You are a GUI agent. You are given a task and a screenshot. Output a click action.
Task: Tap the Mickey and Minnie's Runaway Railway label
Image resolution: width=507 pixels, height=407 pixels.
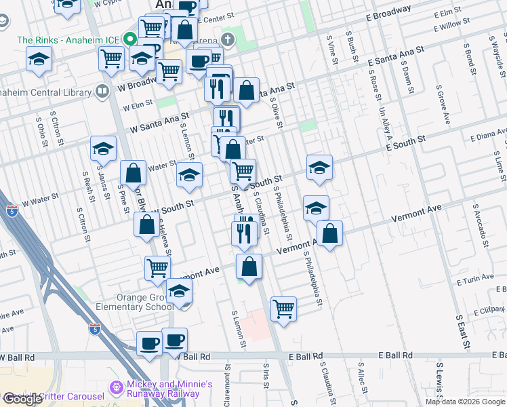(x=162, y=389)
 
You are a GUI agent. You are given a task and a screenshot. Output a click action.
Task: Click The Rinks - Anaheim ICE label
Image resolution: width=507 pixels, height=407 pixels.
(x=66, y=40)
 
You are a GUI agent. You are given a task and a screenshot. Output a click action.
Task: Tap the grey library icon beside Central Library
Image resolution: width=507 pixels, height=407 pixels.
(x=102, y=90)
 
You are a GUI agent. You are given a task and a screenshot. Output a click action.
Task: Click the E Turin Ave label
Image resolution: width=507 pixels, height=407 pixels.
(x=475, y=279)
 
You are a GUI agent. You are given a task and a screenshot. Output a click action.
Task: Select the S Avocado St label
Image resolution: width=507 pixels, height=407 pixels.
(x=480, y=225)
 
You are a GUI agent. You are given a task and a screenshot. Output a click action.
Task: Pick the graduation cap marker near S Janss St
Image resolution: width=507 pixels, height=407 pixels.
(x=103, y=147)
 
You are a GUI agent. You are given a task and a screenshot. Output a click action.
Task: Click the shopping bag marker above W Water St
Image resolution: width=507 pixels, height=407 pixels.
(x=134, y=173)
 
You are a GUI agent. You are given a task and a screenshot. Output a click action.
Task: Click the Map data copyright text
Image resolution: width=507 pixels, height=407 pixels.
(x=465, y=402)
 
